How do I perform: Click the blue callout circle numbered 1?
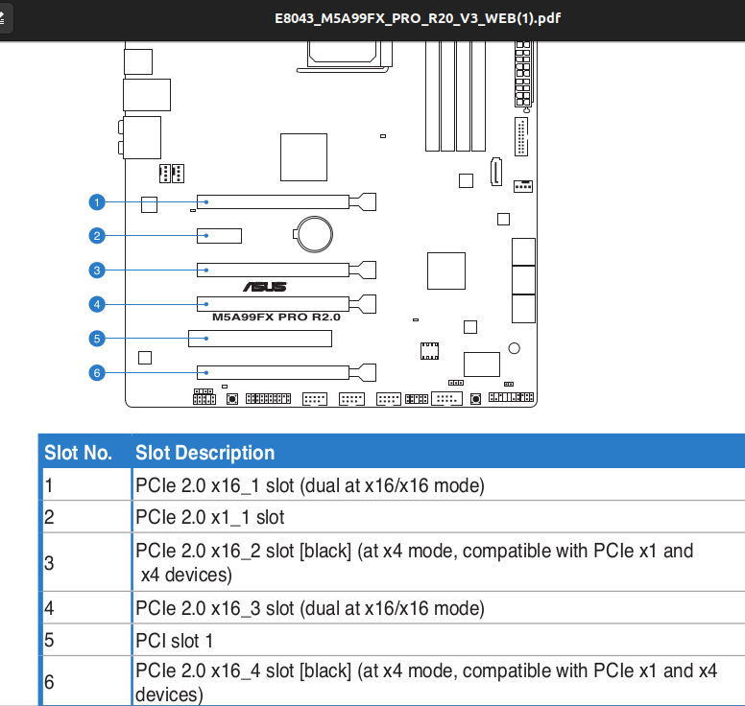[x=97, y=202]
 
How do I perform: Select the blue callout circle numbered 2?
[x=97, y=236]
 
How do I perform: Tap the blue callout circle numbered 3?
[x=97, y=271]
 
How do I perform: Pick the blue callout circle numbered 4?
[x=97, y=304]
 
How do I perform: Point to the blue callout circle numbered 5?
[x=97, y=339]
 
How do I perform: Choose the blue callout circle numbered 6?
[x=97, y=373]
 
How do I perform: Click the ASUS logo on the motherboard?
[x=265, y=287]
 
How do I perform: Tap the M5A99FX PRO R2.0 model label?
[x=276, y=318]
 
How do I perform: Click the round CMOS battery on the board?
[x=314, y=234]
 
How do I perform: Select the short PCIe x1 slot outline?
[x=220, y=236]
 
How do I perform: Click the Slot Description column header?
[x=204, y=453]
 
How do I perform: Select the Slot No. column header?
[x=79, y=453]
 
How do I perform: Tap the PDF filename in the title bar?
[x=418, y=18]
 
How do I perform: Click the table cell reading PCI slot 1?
[x=174, y=641]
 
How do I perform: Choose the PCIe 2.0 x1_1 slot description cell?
[x=210, y=517]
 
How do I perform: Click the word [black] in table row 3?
[x=325, y=552]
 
